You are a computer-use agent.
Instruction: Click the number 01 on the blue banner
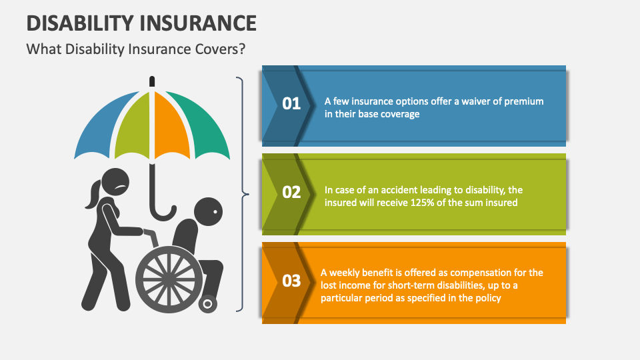pos(292,104)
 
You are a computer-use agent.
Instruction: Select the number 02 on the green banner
pos(292,193)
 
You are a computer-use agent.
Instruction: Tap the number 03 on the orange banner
pos(292,281)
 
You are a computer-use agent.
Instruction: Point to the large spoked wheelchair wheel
pos(168,277)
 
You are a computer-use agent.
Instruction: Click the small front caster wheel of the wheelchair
pos(208,303)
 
